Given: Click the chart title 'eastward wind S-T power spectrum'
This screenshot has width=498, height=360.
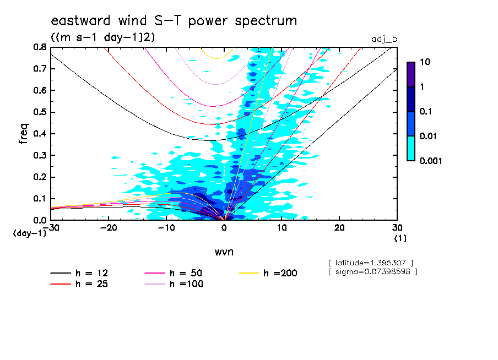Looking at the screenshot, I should pyautogui.click(x=174, y=21).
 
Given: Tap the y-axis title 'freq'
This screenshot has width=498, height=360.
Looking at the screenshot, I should pyautogui.click(x=23, y=133).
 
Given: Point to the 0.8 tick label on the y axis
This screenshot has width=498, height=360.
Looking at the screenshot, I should pyautogui.click(x=40, y=47).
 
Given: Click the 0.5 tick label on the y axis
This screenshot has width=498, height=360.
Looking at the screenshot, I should pyautogui.click(x=40, y=112).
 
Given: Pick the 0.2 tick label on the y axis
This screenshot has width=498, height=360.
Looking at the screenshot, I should pyautogui.click(x=40, y=177).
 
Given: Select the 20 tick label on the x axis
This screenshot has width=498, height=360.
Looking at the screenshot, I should pyautogui.click(x=339, y=228).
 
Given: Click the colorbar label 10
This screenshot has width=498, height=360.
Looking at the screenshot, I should pyautogui.click(x=425, y=64).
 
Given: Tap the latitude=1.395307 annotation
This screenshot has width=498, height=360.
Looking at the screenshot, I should pyautogui.click(x=370, y=263).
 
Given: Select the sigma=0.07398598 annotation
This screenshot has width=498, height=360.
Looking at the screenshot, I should pyautogui.click(x=372, y=271).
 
